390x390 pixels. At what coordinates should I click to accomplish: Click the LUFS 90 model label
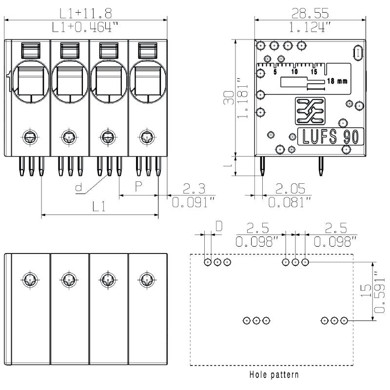[x=331, y=136]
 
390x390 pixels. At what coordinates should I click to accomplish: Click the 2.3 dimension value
[x=194, y=188]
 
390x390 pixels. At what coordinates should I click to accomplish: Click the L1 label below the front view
[x=99, y=207]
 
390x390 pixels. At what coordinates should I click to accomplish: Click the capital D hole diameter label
[x=219, y=226]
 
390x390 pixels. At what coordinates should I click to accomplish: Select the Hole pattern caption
[x=274, y=375]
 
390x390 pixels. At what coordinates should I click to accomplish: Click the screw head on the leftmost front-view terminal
[x=30, y=137]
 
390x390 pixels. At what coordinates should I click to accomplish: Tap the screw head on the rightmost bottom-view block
[x=146, y=280]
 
